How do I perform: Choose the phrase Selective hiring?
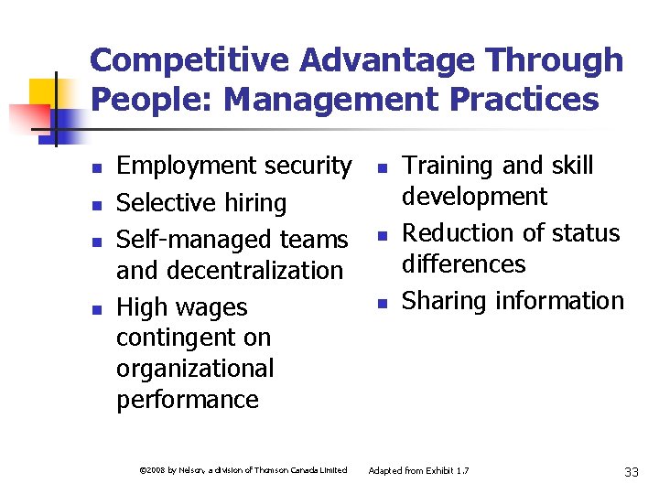201,202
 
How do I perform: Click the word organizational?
195,369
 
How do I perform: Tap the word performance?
188,400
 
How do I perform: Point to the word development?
475,196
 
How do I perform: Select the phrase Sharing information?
513,300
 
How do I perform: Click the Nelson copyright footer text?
243,470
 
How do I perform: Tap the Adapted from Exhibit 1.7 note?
418,470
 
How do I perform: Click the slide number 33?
631,471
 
